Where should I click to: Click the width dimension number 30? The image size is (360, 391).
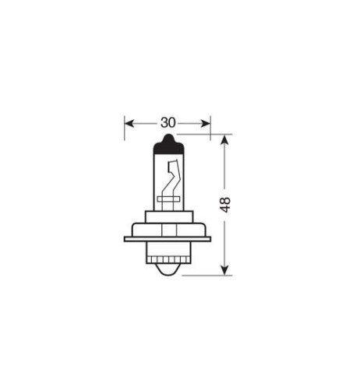(x=168, y=123)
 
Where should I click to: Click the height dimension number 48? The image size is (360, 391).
(x=225, y=205)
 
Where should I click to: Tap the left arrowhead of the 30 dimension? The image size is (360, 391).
(x=129, y=124)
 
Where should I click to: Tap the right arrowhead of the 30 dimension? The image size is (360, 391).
(x=206, y=124)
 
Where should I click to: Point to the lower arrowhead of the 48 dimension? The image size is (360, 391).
(x=224, y=270)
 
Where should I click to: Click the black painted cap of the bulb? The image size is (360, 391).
(x=169, y=146)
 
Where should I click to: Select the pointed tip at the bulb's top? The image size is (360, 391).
(x=169, y=134)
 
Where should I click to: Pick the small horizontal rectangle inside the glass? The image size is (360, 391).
(x=168, y=199)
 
